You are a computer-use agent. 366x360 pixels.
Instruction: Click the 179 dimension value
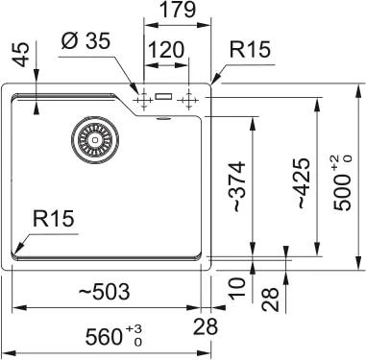[x=178, y=11]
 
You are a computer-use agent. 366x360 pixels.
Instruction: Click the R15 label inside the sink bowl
[x=53, y=220]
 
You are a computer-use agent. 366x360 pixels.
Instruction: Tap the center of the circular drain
[x=94, y=139]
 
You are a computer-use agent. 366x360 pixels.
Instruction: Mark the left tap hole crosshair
[x=143, y=98]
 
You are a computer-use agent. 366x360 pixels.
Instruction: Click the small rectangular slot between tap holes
[x=165, y=97]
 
